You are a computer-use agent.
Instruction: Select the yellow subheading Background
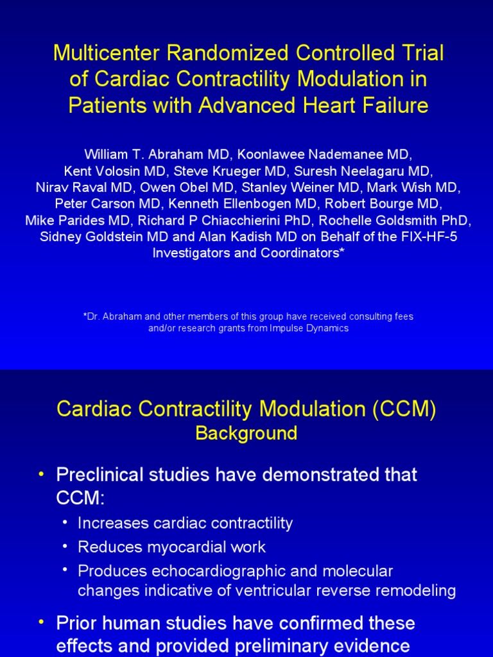246,433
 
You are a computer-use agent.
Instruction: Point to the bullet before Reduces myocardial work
65,547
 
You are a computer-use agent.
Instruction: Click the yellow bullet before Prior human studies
42,622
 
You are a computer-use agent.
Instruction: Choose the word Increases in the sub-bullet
112,523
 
